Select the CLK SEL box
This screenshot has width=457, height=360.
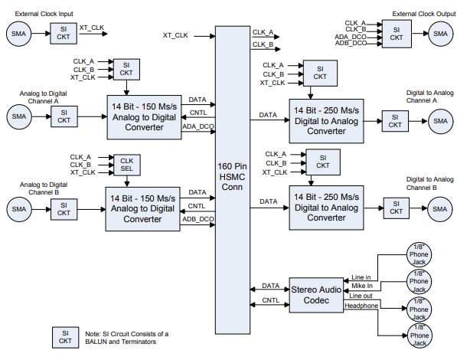pyautogui.click(x=126, y=165)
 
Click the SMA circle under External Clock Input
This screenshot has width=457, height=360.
pyautogui.click(x=18, y=33)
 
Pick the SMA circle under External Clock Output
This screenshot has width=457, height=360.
pyautogui.click(x=439, y=33)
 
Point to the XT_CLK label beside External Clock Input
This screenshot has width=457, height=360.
pyautogui.click(x=93, y=27)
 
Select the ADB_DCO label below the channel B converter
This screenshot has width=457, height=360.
pyautogui.click(x=197, y=219)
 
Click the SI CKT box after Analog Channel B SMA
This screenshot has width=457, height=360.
pyautogui.click(x=63, y=209)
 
